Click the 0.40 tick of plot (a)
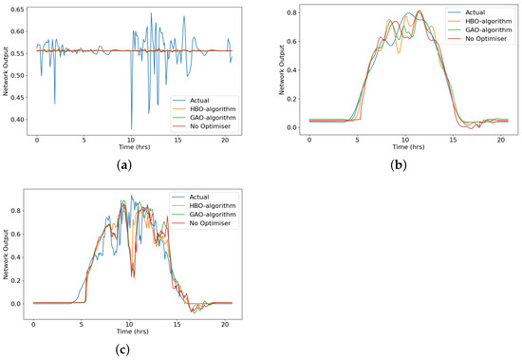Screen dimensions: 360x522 [18, 120]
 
